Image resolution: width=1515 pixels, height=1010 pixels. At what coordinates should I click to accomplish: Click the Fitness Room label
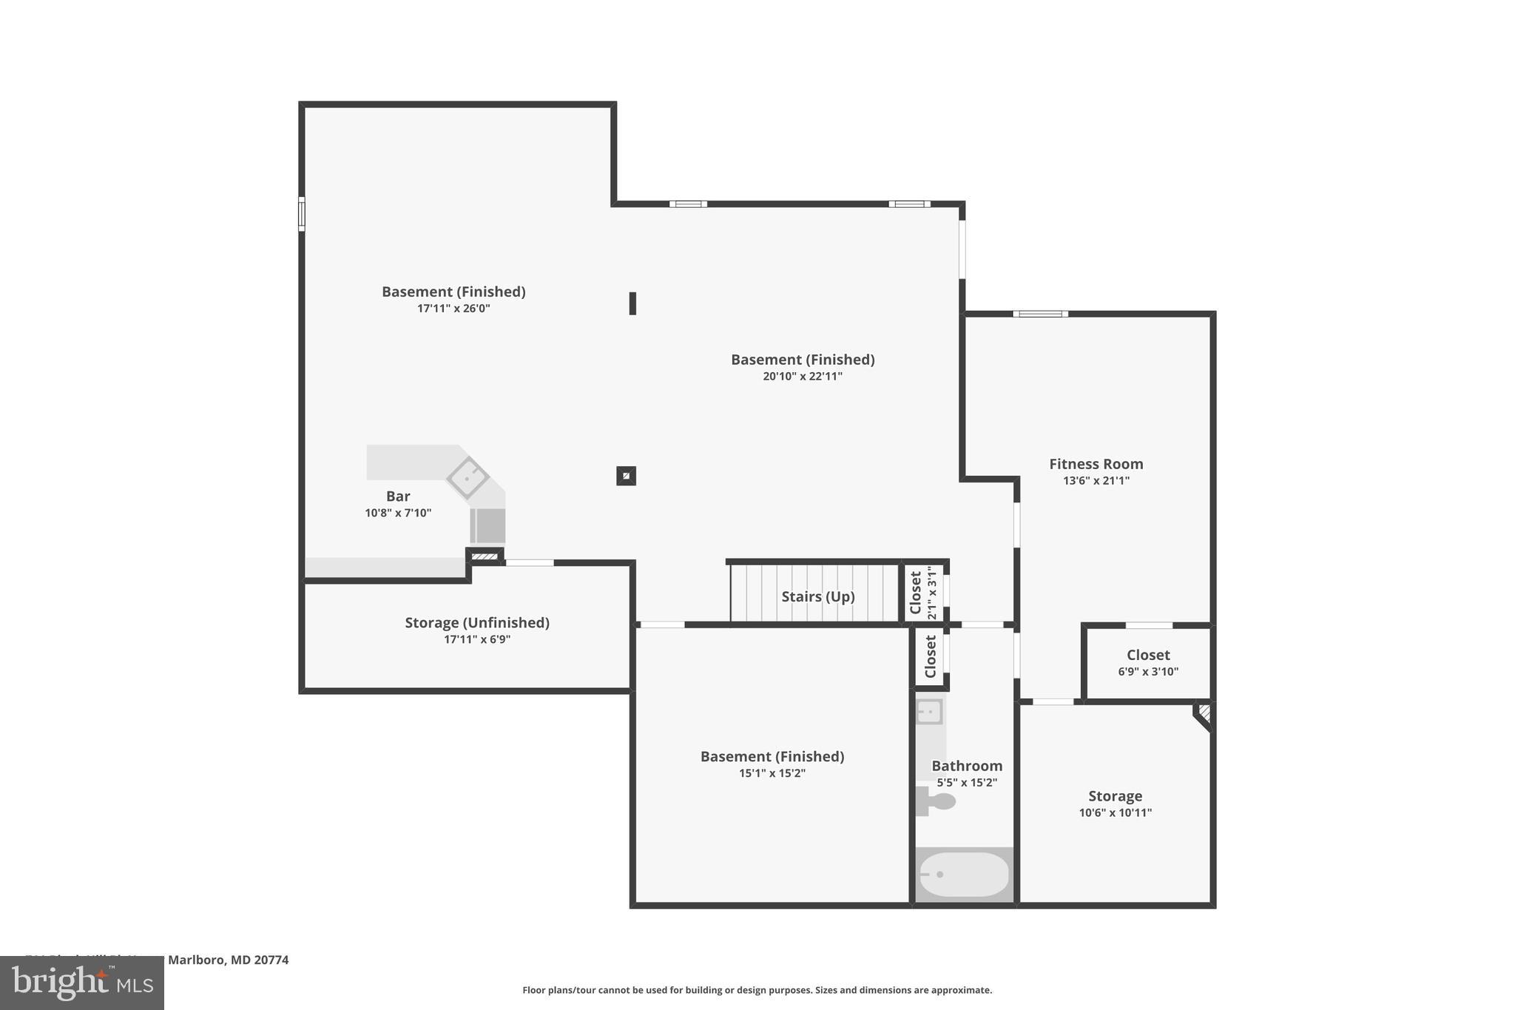pos(1096,464)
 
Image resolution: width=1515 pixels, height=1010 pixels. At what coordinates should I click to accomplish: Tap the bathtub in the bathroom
pos(963,875)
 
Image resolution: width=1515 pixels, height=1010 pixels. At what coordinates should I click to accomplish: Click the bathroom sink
pos(929,712)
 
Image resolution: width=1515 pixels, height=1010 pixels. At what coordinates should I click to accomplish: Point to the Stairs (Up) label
pos(817,596)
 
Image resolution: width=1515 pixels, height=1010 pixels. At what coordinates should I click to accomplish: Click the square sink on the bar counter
pos(468,477)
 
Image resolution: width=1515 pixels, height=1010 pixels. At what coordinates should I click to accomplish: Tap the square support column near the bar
pos(626,476)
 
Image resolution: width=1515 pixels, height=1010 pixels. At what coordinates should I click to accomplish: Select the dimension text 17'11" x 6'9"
pos(477,639)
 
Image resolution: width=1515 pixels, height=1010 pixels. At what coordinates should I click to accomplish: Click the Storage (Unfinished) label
pos(477,622)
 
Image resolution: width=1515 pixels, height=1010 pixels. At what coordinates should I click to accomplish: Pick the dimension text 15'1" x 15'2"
pos(772,773)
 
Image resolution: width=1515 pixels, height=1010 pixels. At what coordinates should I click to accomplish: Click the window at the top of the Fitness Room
pos(1040,314)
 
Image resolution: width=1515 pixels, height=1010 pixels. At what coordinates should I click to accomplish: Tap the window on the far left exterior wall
pos(302,214)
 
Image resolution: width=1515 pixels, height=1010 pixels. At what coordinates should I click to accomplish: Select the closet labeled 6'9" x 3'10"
pos(1147,663)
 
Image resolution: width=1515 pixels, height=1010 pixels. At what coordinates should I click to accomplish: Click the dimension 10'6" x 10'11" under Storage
pos(1115,812)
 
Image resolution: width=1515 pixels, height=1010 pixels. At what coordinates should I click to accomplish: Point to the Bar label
pos(398,496)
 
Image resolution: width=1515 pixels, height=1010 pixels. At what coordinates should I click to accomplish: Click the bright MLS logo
pos(82,983)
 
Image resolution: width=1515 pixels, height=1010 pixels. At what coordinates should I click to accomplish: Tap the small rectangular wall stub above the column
pos(632,303)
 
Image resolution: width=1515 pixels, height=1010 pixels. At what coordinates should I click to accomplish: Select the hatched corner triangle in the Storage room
pos(1204,714)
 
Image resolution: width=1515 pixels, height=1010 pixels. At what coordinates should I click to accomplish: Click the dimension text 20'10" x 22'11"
pos(803,376)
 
